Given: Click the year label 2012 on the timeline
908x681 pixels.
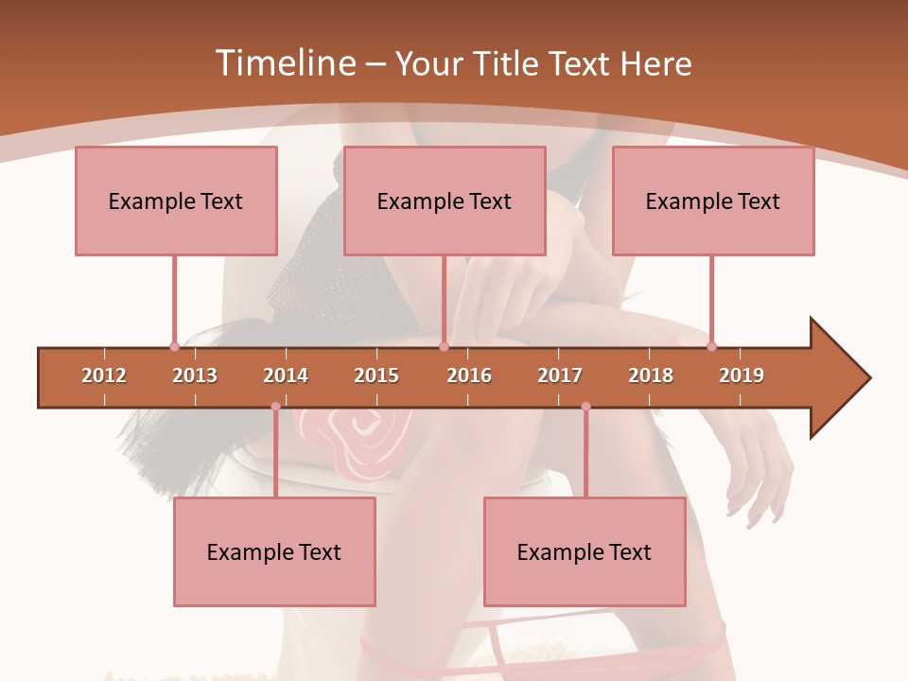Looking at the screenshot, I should pos(104,375).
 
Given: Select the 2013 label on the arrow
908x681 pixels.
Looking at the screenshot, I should pos(195,375).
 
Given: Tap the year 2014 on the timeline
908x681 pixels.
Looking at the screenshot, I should pos(286,375).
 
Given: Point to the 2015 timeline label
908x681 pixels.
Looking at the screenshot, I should pos(376,375).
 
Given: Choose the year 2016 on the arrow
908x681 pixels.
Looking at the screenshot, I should pos(469,375).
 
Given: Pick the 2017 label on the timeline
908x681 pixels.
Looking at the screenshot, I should pos(560,375).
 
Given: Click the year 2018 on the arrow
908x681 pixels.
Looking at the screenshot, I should pos(651,375).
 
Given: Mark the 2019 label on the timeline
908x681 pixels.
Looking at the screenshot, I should pos(742,375).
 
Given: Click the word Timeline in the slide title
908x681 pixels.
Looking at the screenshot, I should pos(285,63).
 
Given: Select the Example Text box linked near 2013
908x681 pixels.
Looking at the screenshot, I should pos(176,201).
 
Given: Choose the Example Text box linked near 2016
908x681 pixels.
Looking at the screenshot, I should pos(445,201).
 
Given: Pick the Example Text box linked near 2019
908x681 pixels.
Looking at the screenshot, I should pos(713,201).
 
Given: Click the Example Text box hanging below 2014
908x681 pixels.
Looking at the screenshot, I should pos(274,551).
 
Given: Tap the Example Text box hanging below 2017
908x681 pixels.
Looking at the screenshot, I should pos(585,551).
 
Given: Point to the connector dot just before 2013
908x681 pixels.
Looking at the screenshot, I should pos(174,346).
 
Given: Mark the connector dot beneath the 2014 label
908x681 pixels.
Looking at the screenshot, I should pos(275,407).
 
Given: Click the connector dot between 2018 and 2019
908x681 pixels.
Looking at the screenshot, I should pos(711,346).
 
